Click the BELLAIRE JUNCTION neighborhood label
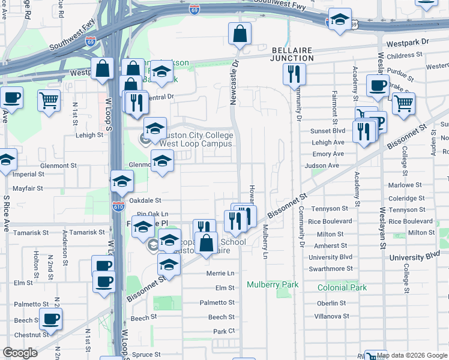pos(292,54)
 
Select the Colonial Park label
pos(342,287)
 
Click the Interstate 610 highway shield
pos(118,206)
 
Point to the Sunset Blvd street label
pos(328,131)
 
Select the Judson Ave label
pos(322,166)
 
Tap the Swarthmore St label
pos(331,269)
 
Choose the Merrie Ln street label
pos(220,273)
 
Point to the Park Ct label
pos(223,331)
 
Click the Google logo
pos(20,353)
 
